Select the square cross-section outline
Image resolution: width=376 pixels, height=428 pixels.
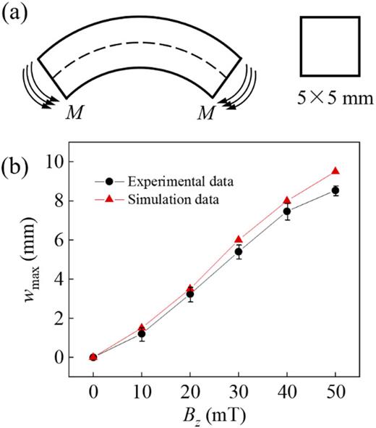coord(329,46)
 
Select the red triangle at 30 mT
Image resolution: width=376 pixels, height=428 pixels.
coord(239,239)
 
